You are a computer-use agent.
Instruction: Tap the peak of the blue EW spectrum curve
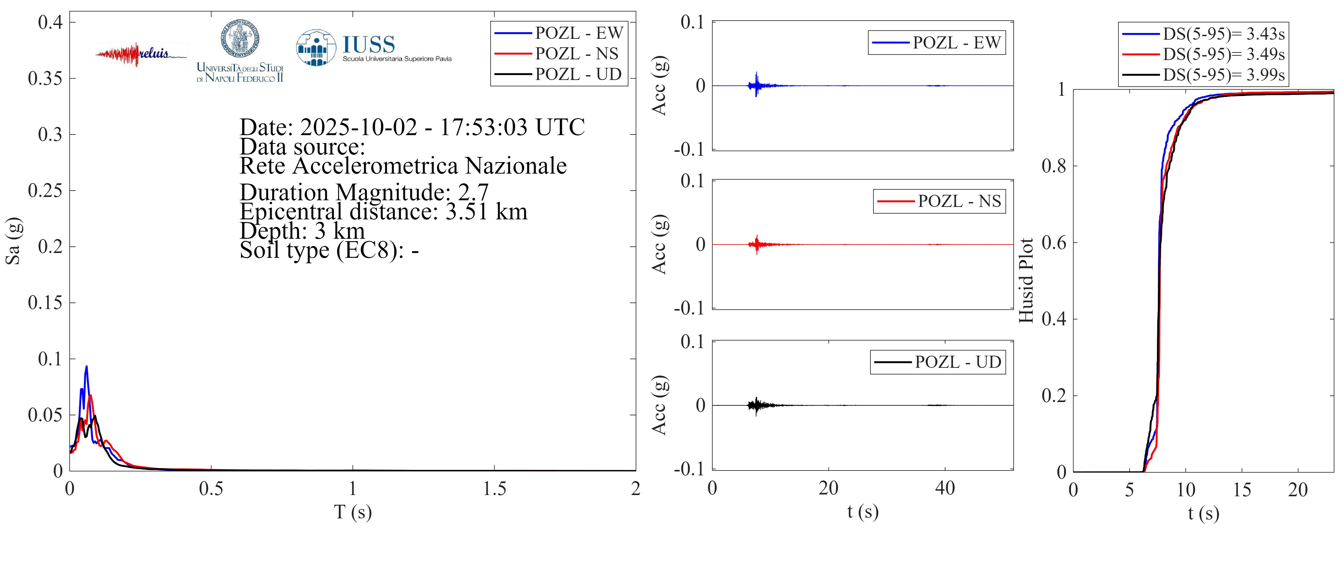(x=86, y=367)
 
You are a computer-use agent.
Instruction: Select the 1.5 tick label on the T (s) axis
(x=494, y=489)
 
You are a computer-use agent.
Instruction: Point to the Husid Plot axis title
(x=1026, y=281)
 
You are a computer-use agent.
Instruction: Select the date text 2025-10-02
(x=358, y=127)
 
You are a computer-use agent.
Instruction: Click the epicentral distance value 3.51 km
(x=486, y=211)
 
